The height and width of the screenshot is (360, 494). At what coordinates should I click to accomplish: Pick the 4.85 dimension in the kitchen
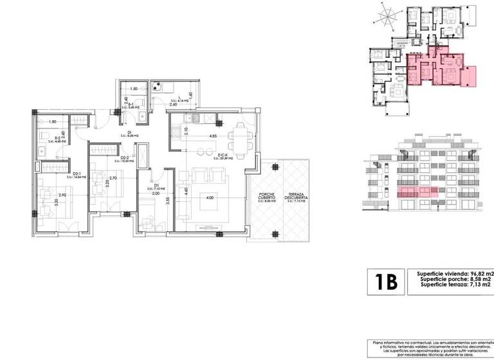coord(213,136)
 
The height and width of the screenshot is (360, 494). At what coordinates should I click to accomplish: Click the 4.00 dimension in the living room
coord(209,198)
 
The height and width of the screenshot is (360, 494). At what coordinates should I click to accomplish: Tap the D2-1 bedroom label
coord(77,174)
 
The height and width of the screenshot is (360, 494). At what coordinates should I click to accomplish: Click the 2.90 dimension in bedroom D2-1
coord(61,194)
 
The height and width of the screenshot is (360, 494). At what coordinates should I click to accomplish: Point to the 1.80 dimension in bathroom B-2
coord(52,122)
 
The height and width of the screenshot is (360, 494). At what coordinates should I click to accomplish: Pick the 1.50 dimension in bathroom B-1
coord(134,89)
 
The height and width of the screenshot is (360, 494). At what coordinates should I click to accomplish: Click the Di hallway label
coord(129,134)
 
